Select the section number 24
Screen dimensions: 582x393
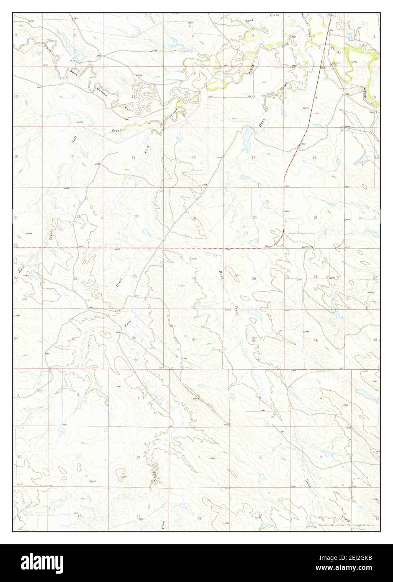pos(136,216)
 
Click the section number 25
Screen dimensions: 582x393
pos(135,276)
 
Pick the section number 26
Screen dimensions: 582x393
pos(75,278)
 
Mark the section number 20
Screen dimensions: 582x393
pos(254,217)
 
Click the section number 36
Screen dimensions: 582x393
pos(134,338)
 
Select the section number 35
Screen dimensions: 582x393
pos(73,339)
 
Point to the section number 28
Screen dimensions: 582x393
pos(316,276)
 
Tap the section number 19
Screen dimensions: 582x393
pos(194,218)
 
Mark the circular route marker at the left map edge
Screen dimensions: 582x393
pos(15,245)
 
